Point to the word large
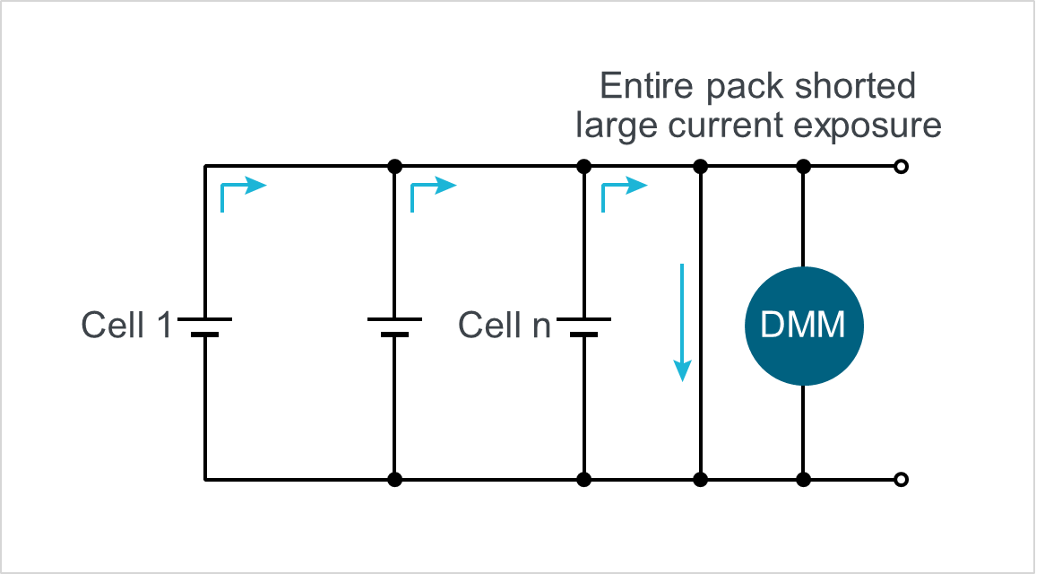pos(616,126)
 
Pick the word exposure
pos(868,126)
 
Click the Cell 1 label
pos(126,325)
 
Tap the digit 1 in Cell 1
pos(163,325)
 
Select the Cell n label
pos(504,325)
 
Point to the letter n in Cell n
pos(541,326)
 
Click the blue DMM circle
pos(804,326)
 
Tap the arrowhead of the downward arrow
pos(683,370)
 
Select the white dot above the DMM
pos(901,166)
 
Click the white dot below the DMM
pos(901,480)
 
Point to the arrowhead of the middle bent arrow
pos(447,186)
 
